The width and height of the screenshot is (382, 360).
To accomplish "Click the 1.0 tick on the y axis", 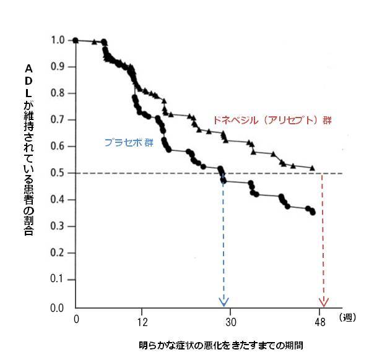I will [x=58, y=40].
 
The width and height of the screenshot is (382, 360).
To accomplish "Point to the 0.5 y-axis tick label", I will [x=58, y=173].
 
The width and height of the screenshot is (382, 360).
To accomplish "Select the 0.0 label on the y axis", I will [x=58, y=307].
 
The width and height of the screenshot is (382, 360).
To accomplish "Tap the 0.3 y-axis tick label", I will [x=58, y=226].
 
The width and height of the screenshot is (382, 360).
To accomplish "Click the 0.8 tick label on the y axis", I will [x=58, y=93].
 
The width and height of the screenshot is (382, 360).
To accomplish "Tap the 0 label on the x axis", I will [x=76, y=319].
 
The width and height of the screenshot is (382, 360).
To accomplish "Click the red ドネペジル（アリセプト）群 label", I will [x=272, y=120].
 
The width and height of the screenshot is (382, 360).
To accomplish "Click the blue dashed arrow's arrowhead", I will [x=224, y=302].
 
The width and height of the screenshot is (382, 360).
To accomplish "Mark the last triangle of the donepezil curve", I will [x=312, y=168].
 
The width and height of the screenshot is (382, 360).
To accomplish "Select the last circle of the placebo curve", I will [x=313, y=212].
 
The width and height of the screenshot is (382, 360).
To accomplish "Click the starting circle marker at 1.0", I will [x=76, y=40].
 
